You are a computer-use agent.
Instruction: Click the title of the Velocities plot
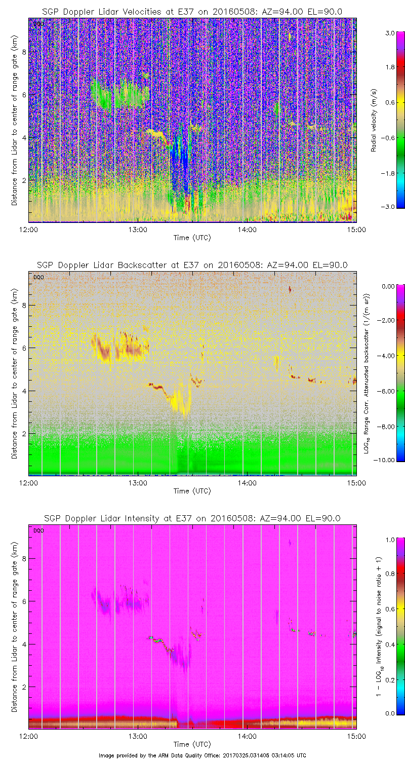tap(192, 12)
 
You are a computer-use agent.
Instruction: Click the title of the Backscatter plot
tap(192, 265)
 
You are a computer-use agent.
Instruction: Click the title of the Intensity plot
tap(192, 518)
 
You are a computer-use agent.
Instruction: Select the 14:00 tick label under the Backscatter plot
tap(247, 483)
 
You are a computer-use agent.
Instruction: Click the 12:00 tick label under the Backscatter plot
tap(28, 483)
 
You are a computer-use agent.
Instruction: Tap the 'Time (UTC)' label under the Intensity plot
tap(192, 744)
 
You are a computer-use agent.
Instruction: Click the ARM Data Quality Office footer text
tap(202, 755)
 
